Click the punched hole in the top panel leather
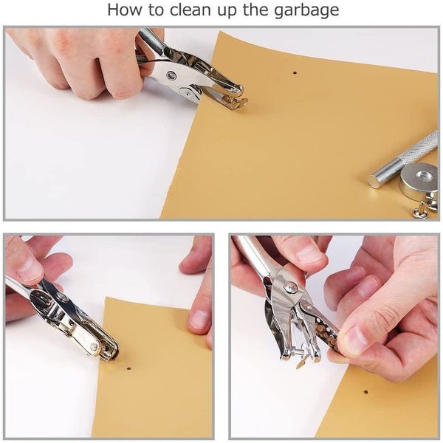(x=295, y=73)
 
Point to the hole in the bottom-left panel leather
(x=128, y=368)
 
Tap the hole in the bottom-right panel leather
(x=365, y=392)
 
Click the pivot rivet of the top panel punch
(x=171, y=76)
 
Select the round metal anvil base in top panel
(x=420, y=180)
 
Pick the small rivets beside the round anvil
(x=425, y=208)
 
